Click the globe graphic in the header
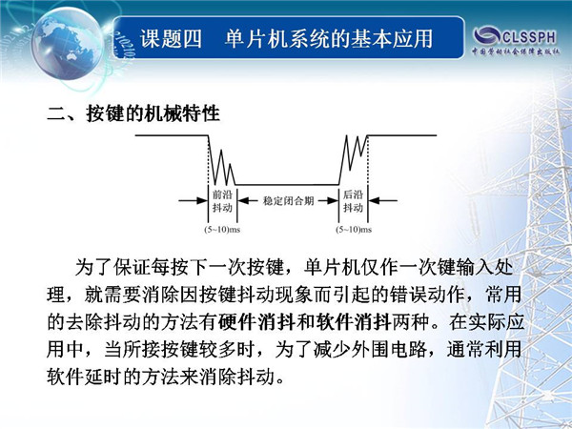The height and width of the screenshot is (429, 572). (68, 43)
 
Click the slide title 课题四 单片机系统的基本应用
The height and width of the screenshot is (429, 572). (286, 39)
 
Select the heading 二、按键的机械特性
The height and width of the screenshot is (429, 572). (133, 113)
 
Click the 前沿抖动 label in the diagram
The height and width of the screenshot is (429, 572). (222, 201)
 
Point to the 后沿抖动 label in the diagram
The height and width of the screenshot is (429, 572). (353, 201)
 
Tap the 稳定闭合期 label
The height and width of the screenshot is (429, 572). (288, 200)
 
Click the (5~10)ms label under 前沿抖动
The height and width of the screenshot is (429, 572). (222, 230)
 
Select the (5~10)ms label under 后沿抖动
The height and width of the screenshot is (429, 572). (354, 230)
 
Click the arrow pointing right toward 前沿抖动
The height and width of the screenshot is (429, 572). (193, 200)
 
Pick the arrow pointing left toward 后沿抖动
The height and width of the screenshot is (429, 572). (382, 200)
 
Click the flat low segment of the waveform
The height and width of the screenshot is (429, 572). (287, 185)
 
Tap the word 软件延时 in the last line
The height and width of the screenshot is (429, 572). (85, 377)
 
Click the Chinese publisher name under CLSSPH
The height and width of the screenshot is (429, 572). (516, 51)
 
